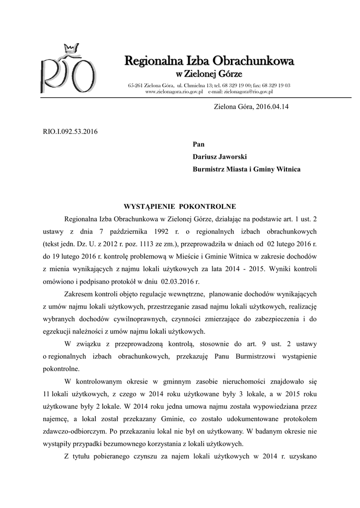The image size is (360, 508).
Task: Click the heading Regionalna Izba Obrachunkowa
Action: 209,61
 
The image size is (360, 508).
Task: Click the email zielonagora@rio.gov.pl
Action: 249,92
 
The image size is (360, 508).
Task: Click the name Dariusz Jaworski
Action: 219,156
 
